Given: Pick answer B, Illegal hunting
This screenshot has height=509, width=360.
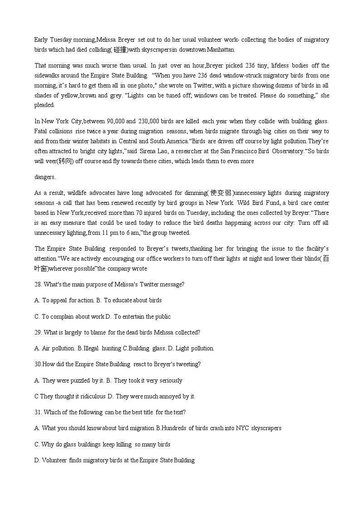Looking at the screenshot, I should (99, 348).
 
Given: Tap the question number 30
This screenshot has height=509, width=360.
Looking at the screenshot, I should (38, 364).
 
